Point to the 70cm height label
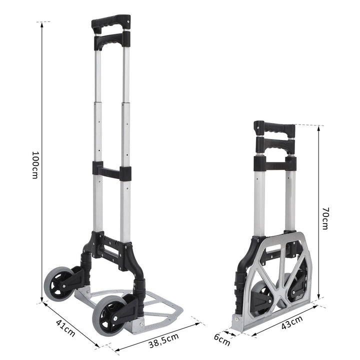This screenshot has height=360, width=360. tap(324, 219)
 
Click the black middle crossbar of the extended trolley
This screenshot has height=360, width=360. tap(111, 171)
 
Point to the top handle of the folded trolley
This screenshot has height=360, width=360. tap(273, 128)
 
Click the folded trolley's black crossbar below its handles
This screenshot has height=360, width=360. tap(274, 163)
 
